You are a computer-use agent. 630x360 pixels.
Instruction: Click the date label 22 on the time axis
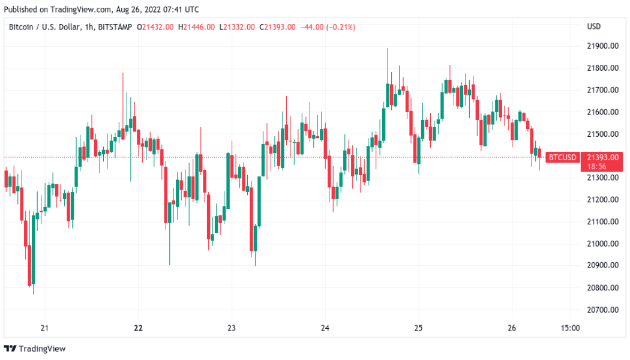click(139, 328)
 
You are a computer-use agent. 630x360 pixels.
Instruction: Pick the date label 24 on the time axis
click(325, 328)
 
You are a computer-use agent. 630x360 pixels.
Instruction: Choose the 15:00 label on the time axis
click(570, 328)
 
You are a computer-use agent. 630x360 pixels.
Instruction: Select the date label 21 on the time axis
click(44, 328)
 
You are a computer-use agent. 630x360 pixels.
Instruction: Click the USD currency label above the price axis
click(593, 27)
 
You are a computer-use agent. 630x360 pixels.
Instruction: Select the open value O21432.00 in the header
click(155, 27)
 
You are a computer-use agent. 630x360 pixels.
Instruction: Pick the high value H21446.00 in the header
click(197, 27)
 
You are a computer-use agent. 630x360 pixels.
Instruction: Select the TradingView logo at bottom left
click(35, 349)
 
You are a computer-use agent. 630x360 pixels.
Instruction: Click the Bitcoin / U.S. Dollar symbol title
click(43, 27)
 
